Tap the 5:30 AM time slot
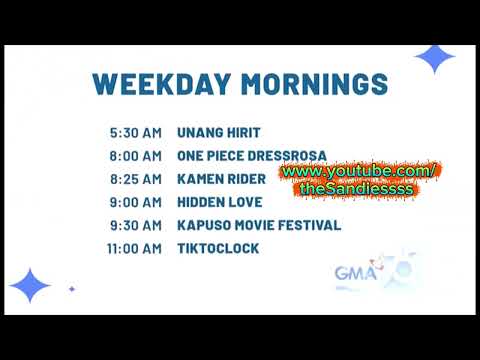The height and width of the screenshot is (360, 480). (136, 132)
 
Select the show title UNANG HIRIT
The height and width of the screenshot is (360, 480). (220, 132)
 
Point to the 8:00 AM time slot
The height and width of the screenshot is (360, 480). (136, 156)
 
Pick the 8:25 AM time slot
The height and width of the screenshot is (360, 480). (136, 179)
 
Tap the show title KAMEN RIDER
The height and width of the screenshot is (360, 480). (221, 179)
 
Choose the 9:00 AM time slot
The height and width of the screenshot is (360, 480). (136, 202)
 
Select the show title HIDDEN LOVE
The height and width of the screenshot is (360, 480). (220, 202)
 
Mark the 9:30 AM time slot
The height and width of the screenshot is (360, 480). (136, 225)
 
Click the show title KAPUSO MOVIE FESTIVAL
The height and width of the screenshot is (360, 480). (259, 225)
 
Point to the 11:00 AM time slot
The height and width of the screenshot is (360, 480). (133, 248)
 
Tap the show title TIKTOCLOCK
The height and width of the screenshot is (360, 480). (217, 248)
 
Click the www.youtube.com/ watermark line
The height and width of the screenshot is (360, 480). (358, 172)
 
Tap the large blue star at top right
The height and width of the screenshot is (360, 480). (434, 59)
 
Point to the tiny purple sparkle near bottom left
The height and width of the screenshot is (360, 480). (71, 289)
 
